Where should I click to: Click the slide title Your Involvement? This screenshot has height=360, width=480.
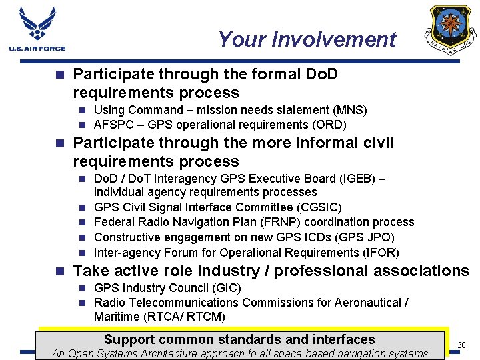pos(307,40)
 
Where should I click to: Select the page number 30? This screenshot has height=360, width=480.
pos(462,345)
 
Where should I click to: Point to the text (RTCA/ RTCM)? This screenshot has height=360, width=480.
pos(189,317)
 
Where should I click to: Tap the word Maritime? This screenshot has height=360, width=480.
pos(117,317)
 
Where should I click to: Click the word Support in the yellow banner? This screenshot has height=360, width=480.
pos(129,339)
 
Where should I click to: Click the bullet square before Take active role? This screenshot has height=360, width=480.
pos(61,271)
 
